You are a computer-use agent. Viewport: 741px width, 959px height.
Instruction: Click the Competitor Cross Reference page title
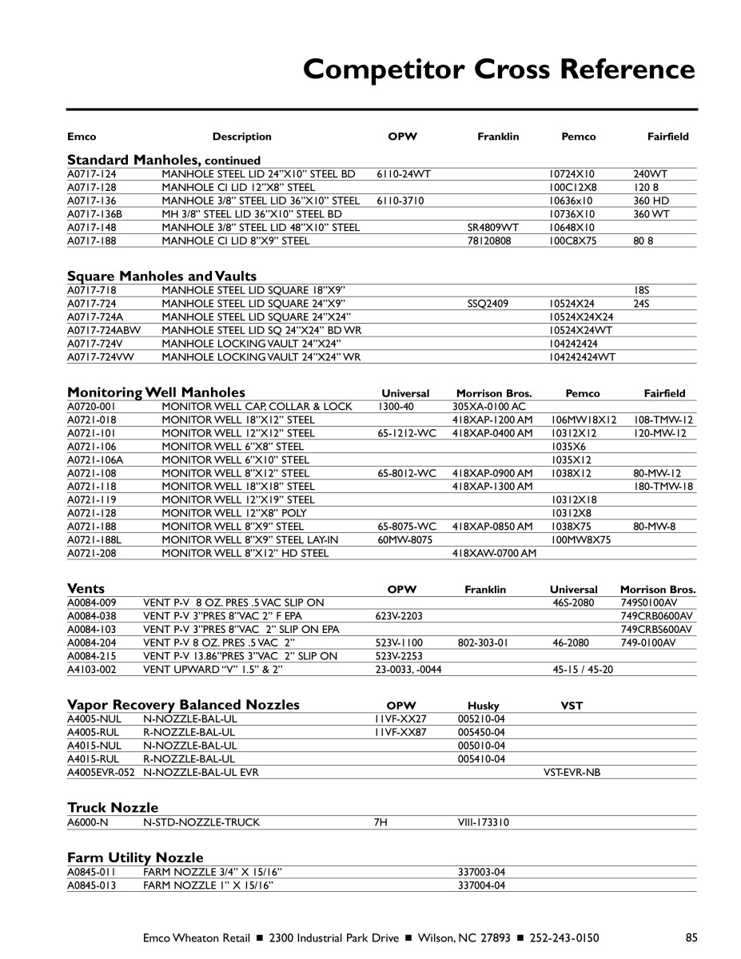coord(499,70)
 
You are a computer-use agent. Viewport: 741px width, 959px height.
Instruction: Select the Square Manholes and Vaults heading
coord(161,277)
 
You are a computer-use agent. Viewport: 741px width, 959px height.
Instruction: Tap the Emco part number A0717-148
coord(92,228)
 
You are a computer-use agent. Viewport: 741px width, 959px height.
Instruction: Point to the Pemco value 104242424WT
coord(582,357)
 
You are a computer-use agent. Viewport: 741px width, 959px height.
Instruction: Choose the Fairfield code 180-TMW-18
coord(663,486)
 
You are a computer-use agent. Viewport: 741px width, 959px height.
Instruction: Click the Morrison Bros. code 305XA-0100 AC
coord(488,407)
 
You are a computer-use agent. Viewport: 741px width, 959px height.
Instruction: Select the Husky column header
coord(484,706)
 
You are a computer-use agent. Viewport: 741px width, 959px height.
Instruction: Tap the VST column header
coord(572,706)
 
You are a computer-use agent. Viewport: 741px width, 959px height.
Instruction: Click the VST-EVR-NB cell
coord(572,773)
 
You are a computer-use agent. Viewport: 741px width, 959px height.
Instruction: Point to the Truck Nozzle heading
coord(113,807)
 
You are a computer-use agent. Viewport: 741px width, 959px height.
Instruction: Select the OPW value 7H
coord(380,822)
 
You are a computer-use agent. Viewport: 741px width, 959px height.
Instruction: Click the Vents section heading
coord(86,588)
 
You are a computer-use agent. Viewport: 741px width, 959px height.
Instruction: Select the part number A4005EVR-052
coord(102,773)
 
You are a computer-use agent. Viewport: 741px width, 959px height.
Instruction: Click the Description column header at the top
coord(241,137)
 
